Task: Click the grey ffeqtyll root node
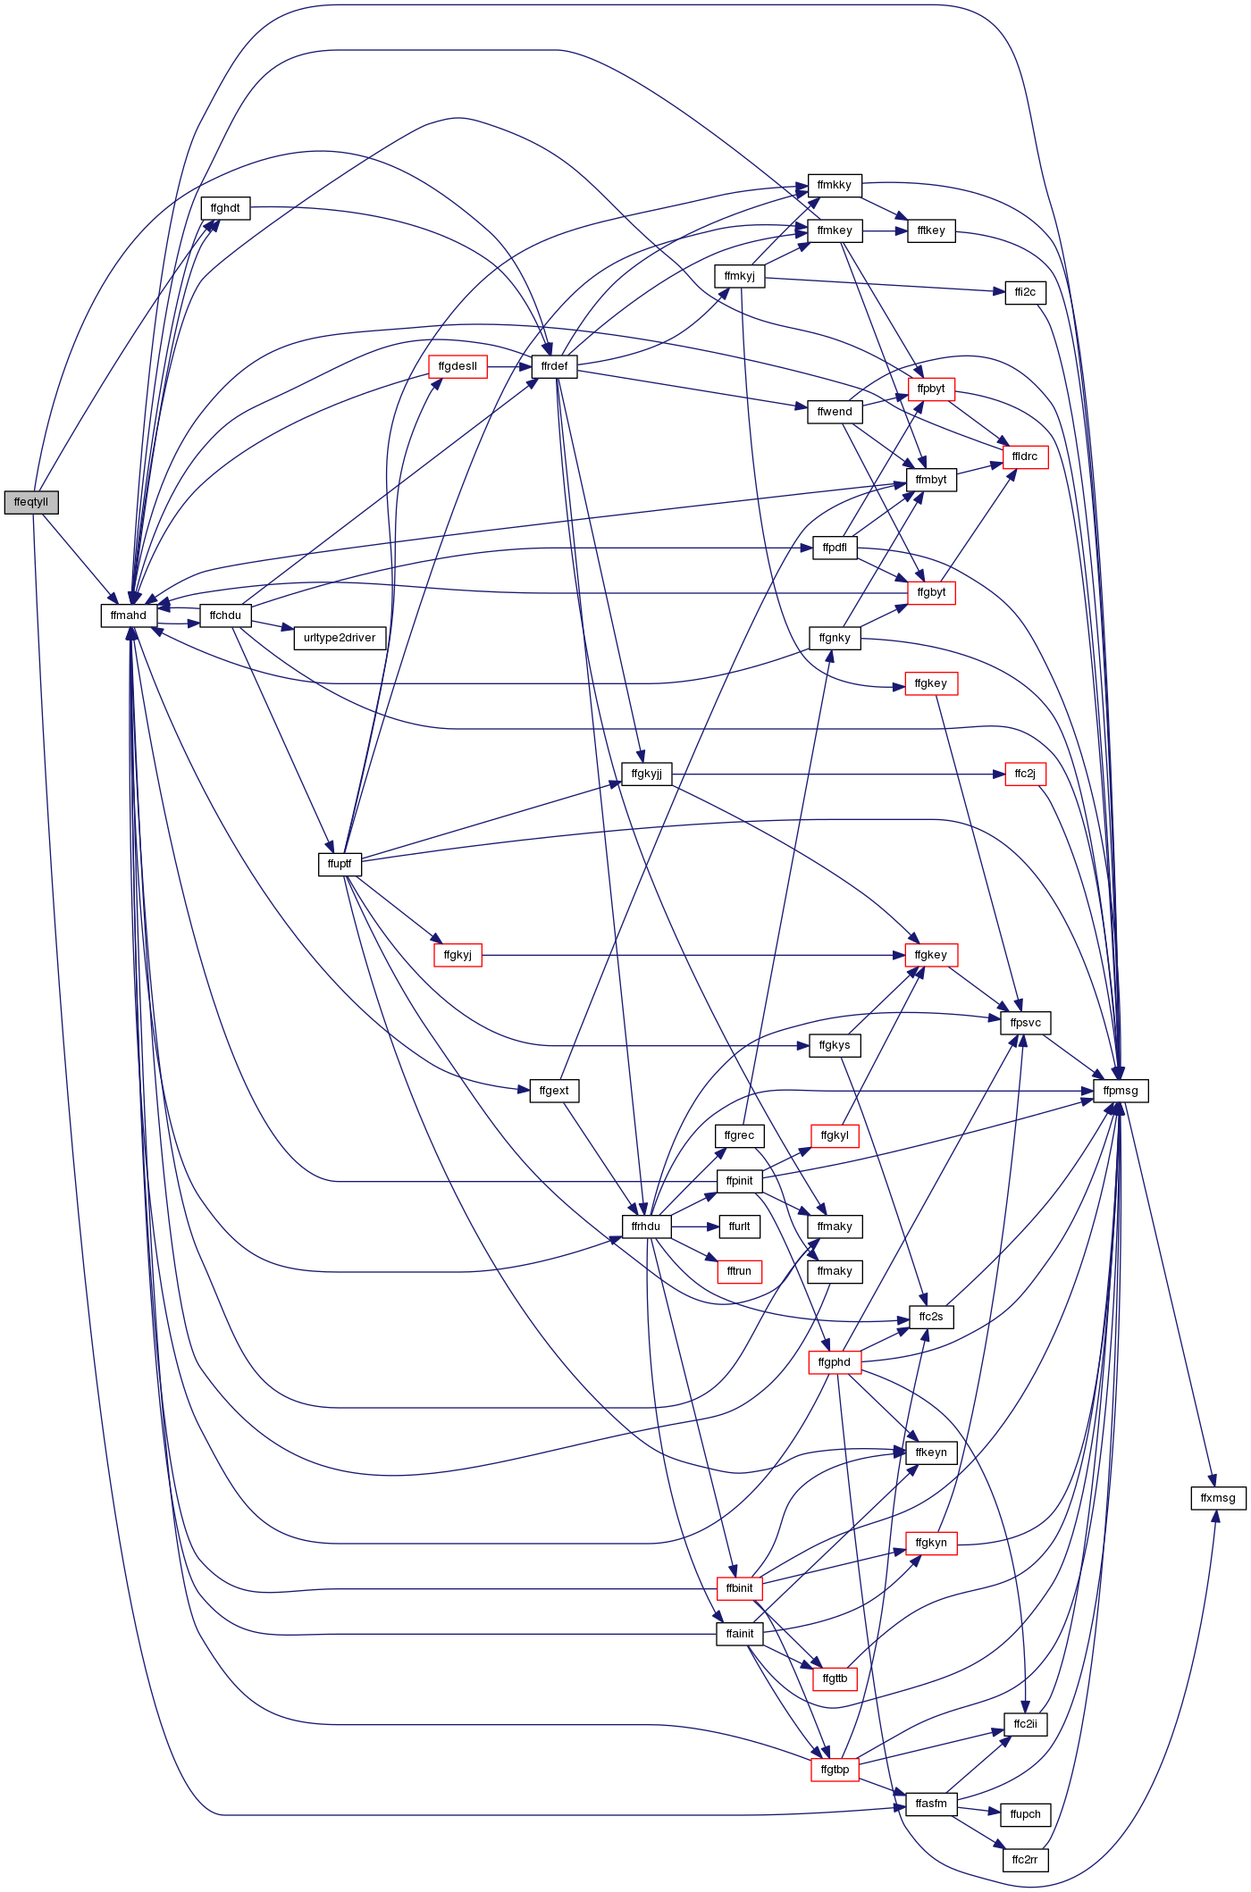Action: click(x=31, y=502)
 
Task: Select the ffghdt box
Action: click(x=225, y=208)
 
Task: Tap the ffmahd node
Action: click(x=129, y=615)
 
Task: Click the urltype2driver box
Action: click(x=340, y=638)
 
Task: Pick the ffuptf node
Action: click(x=340, y=864)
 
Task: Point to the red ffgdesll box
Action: click(x=458, y=366)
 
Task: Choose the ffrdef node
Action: click(x=554, y=366)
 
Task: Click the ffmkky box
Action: click(x=835, y=185)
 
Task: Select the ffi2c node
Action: click(x=1025, y=292)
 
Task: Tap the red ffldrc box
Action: click(x=1025, y=456)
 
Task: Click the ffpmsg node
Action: click(x=1121, y=1091)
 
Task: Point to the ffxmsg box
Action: click(x=1218, y=1498)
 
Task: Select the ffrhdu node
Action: click(x=646, y=1226)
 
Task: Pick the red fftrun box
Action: click(x=739, y=1271)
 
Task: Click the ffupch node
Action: click(x=1025, y=1814)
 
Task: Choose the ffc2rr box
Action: click(x=1025, y=1860)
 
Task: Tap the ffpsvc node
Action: click(x=1025, y=1023)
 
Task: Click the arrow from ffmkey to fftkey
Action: click(x=885, y=230)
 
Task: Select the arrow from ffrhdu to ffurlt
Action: click(x=694, y=1226)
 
